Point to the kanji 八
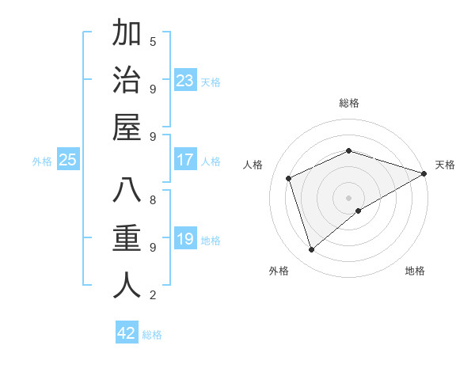(127, 192)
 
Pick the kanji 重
(127, 238)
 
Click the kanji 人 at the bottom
(127, 285)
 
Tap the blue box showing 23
(185, 80)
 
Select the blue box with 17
(185, 160)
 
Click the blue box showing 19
(185, 238)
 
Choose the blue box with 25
(68, 160)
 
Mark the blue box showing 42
(127, 332)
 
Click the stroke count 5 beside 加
(153, 41)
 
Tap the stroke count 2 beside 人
(153, 295)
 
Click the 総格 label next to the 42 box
(152, 335)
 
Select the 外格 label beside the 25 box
(42, 161)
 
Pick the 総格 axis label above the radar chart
(349, 103)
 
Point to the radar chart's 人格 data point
(290, 178)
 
